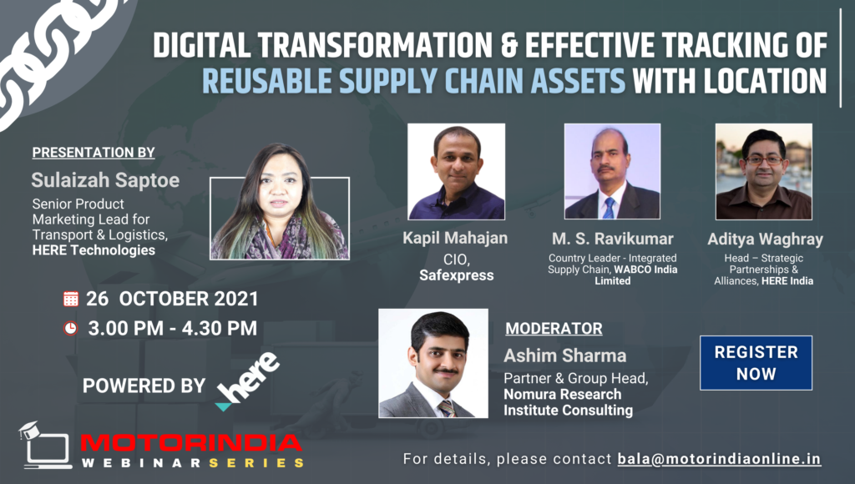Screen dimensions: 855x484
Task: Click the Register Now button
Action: (756, 363)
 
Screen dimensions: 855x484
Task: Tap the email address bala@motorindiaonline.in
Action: (719, 459)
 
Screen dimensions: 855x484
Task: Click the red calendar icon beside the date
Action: (71, 299)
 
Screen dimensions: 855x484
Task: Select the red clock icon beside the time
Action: (71, 328)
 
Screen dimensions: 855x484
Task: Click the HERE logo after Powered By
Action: (247, 381)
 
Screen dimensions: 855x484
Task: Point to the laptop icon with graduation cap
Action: (45, 445)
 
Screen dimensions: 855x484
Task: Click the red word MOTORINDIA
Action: (191, 442)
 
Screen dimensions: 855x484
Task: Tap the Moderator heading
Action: (554, 329)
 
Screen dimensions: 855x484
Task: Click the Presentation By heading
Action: (94, 153)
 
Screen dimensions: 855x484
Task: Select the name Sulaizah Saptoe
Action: (105, 180)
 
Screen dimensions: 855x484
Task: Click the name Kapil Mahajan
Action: (455, 238)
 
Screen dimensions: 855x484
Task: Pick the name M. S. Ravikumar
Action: (612, 239)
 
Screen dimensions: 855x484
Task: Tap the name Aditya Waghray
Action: (765, 239)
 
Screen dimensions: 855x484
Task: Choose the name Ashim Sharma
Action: (565, 355)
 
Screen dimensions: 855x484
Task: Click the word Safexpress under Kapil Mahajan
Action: (457, 275)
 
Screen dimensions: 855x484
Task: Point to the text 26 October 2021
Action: (172, 299)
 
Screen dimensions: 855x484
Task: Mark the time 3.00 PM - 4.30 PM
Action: (172, 328)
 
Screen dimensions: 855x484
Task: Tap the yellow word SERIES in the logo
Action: (256, 463)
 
